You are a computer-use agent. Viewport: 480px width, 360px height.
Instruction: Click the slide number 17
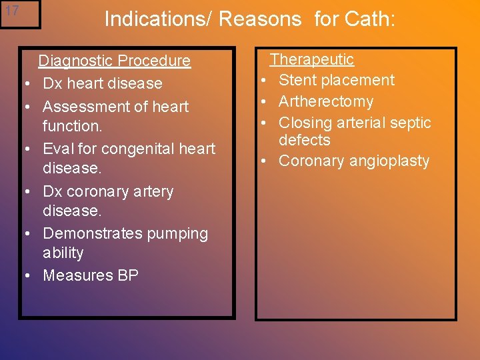[x=11, y=11]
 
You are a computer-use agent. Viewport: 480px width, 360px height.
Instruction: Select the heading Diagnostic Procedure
[x=114, y=61]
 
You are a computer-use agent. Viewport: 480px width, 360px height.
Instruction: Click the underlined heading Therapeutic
[x=311, y=59]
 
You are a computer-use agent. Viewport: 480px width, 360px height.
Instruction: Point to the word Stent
[x=297, y=81]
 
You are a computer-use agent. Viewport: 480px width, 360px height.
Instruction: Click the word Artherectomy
[x=326, y=102]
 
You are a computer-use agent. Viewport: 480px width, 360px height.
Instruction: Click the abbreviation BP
[x=127, y=275]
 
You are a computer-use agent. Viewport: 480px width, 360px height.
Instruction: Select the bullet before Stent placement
[x=265, y=81]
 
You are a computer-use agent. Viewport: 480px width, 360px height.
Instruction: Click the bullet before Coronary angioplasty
[x=265, y=162]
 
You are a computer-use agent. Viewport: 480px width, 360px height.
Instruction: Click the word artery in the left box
[x=152, y=192]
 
